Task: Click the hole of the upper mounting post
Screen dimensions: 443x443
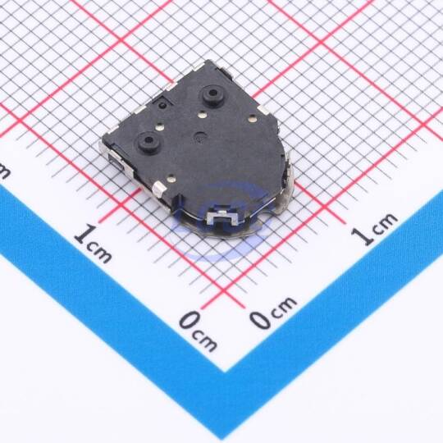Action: tap(212, 93)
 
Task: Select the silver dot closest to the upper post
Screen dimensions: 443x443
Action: tap(202, 115)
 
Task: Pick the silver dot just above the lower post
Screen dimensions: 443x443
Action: tap(160, 127)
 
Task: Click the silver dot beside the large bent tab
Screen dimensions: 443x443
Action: tap(171, 179)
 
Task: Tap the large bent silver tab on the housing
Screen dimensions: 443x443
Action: tap(159, 190)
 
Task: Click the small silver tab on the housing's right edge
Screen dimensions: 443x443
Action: tap(263, 110)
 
